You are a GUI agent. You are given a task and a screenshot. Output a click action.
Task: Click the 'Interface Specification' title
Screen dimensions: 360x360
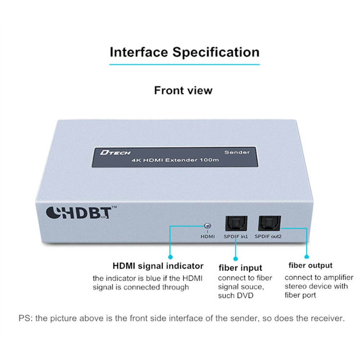(184, 52)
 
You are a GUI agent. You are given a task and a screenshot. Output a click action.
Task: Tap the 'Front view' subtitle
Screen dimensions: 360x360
(183, 90)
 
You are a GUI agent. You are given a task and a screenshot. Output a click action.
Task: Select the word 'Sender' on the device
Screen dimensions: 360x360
(237, 152)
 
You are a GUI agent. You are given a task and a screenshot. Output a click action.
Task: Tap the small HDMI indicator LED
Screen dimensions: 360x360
(207, 226)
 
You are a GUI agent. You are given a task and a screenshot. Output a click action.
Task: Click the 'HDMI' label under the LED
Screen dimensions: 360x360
(208, 237)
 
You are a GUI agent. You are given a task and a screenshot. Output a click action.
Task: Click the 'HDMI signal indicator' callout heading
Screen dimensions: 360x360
(158, 266)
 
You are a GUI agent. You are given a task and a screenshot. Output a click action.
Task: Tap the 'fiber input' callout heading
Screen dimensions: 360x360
(240, 268)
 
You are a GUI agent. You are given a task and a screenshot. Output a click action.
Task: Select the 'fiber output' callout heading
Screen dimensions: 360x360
(311, 266)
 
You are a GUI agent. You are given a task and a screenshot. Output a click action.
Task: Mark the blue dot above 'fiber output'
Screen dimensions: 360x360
(307, 257)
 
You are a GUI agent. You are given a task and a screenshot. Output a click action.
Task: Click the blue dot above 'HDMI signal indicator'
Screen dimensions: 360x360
(170, 257)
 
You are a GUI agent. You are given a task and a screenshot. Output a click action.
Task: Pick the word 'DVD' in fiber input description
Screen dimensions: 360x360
(246, 296)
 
